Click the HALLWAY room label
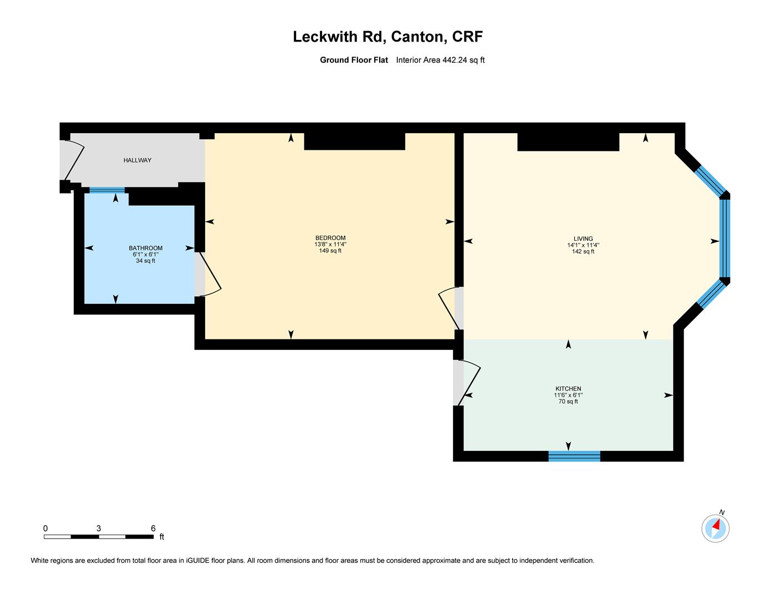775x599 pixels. click(137, 160)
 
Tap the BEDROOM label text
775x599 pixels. click(330, 238)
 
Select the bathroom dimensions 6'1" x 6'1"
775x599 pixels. click(145, 255)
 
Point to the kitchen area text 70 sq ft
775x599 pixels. click(568, 402)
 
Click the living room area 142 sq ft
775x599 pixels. click(583, 251)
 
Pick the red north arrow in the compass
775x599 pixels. click(716, 524)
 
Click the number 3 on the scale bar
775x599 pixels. click(99, 529)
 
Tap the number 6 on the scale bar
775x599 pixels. click(153, 529)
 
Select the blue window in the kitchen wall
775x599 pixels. click(574, 456)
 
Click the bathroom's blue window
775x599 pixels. click(107, 190)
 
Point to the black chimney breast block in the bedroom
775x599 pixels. click(354, 141)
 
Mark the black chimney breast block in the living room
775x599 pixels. click(568, 141)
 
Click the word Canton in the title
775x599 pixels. click(419, 37)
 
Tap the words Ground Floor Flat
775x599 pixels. click(354, 60)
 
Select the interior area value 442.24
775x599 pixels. click(455, 60)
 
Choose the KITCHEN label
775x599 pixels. click(568, 388)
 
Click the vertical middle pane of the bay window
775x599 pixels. click(725, 238)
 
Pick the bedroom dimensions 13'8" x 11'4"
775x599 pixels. click(330, 245)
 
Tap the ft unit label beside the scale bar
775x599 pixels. click(161, 537)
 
